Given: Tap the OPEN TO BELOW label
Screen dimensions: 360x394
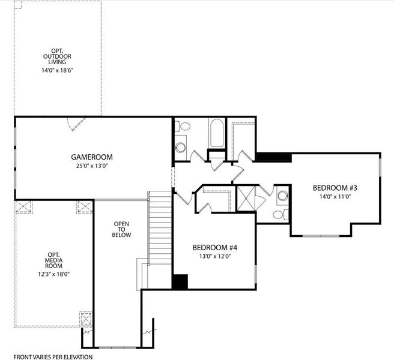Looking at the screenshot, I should [122, 229].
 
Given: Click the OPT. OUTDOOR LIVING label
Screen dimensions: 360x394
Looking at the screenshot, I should [58, 56].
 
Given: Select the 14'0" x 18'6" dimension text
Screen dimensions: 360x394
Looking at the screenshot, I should [58, 70].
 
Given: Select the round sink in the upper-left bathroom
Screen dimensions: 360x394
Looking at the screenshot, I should [180, 148].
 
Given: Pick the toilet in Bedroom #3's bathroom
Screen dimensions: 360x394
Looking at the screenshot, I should [279, 214].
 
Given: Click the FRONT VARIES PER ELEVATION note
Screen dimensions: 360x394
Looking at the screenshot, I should [53, 356].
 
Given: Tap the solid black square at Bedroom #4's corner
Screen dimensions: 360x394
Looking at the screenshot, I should [180, 281].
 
